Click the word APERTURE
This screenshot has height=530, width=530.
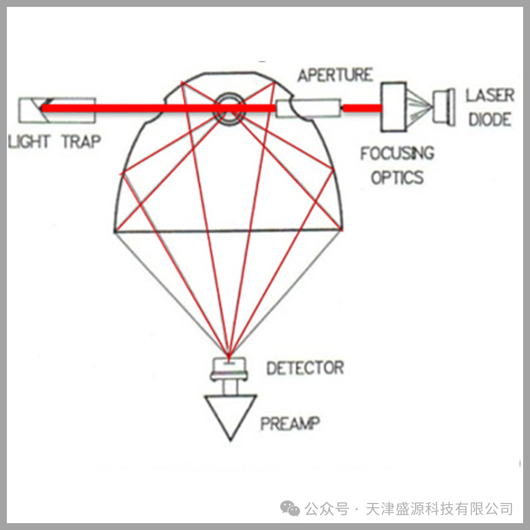tap(335, 75)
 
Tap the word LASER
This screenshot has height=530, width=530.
tap(490, 95)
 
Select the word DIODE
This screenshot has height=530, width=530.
tap(490, 120)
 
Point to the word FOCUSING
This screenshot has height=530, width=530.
tap(397, 153)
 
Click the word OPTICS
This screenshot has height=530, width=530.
tap(397, 177)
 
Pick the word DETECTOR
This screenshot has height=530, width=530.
tap(305, 368)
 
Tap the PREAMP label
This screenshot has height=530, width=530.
tap(290, 423)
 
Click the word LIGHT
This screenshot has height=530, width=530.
tap(29, 142)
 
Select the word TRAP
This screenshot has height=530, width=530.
tap(82, 142)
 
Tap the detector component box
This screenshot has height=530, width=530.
tap(229, 369)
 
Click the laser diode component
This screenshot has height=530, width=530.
tap(444, 107)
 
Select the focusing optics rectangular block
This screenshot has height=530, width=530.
tap(394, 107)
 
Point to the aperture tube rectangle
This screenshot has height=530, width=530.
tap(308, 108)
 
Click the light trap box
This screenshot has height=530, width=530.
tap(57, 110)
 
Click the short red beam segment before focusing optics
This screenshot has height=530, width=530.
tap(362, 108)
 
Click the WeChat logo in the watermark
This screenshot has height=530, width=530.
tap(290, 508)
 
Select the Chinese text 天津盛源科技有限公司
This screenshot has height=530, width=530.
tap(439, 509)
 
